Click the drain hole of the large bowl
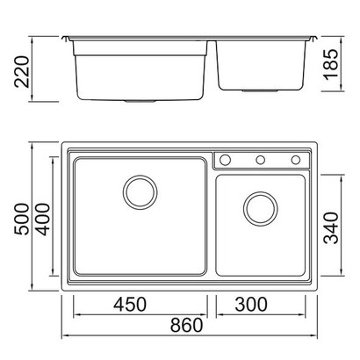click(140, 191)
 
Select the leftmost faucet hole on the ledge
click(225, 160)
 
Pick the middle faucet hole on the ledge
click(261, 160)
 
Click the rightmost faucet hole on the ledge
click(296, 160)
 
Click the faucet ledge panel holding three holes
click(261, 160)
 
